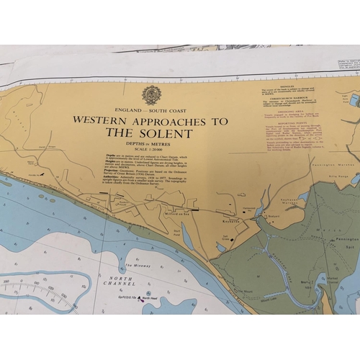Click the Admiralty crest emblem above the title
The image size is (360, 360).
coord(151,95)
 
